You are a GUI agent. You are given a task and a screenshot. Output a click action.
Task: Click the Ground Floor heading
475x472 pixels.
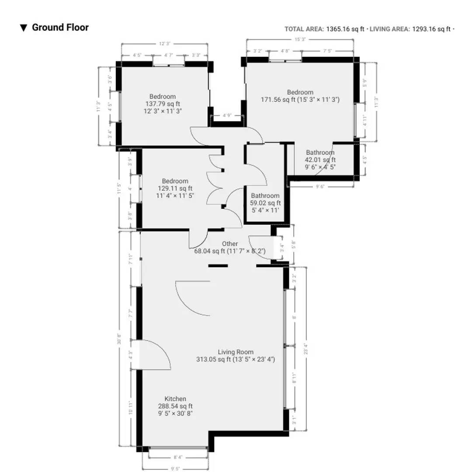60,28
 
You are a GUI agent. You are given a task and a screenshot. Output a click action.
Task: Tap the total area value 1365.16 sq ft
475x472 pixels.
345,29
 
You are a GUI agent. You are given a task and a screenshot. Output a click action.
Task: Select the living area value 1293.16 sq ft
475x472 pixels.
431,29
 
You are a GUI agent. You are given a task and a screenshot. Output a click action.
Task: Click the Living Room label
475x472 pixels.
236,352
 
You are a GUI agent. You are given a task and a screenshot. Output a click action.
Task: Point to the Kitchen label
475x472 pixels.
175,399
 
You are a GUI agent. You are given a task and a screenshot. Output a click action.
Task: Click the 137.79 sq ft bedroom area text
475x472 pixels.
163,104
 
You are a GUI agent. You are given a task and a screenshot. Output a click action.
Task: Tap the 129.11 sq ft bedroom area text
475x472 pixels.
175,188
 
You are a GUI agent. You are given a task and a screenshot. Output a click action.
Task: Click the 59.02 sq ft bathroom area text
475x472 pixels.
265,203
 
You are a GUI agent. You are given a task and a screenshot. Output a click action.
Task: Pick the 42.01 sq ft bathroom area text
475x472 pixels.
320,160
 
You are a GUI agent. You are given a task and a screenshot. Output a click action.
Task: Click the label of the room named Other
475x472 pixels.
230,244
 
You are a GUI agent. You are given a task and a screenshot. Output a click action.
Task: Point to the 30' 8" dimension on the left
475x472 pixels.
119,339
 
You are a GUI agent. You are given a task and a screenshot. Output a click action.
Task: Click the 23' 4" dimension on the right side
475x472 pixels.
305,349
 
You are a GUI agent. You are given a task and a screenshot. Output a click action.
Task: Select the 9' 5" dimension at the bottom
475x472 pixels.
175,468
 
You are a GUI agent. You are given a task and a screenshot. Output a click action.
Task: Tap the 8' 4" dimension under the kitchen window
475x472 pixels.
178,457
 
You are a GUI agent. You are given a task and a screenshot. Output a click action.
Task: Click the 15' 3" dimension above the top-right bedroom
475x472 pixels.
299,39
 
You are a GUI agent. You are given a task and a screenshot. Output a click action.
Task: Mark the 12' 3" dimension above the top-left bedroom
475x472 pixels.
164,44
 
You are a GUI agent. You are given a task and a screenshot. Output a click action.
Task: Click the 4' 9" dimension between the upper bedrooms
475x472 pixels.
226,116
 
